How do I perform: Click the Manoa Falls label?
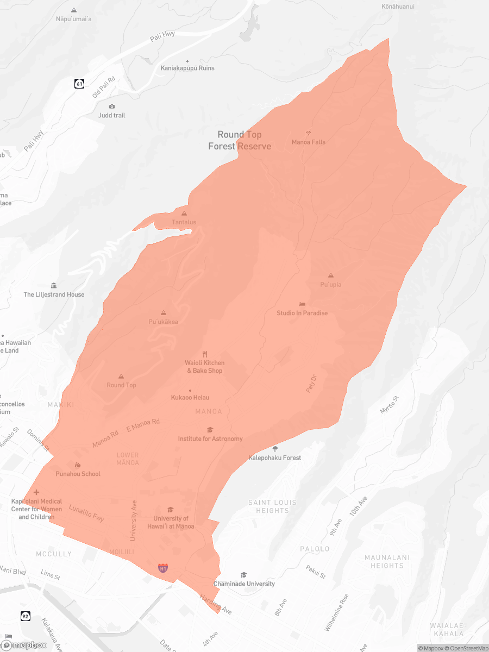pos(309,142)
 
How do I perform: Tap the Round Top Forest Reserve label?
pos(240,140)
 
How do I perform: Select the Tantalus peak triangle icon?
pos(184,214)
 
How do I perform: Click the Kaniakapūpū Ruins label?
pos(187,68)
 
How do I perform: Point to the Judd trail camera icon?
pos(112,106)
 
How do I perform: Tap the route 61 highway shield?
pos(80,84)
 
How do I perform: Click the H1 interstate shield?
pos(162,568)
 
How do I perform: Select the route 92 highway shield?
pos(26,616)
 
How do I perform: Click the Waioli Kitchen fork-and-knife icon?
pos(205,354)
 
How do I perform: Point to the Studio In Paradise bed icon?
pos(302,304)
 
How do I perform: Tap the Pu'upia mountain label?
pos(331,285)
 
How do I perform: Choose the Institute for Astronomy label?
pos(210,439)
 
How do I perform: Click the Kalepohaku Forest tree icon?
pos(275,449)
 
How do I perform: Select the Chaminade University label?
pos(244,584)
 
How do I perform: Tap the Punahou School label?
pos(78,474)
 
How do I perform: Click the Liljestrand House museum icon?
pos(53,286)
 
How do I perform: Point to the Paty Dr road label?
pos(311,383)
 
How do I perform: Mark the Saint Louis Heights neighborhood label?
pos(273,506)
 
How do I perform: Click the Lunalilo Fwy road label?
pos(86,514)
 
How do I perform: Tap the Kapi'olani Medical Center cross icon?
pos(36,492)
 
